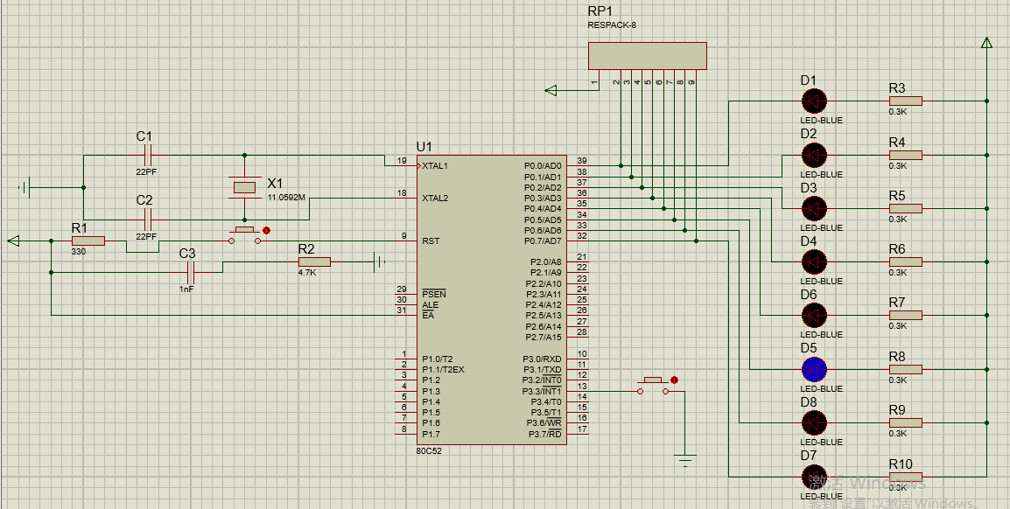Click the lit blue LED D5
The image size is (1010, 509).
pyautogui.click(x=814, y=368)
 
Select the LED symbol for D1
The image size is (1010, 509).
pyautogui.click(x=814, y=101)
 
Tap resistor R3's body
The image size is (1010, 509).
pyautogui.click(x=905, y=101)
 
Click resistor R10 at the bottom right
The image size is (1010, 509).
pyautogui.click(x=905, y=477)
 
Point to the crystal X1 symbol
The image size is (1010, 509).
pyautogui.click(x=244, y=186)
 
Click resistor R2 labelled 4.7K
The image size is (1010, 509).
pyautogui.click(x=314, y=261)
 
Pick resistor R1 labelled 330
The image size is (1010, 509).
pyautogui.click(x=88, y=241)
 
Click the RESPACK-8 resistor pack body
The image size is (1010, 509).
pyautogui.click(x=648, y=56)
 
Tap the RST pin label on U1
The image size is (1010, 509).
pyautogui.click(x=431, y=241)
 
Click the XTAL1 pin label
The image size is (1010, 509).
pyautogui.click(x=434, y=165)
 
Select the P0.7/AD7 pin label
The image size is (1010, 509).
pyautogui.click(x=543, y=241)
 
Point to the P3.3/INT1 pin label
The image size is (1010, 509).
pyautogui.click(x=543, y=391)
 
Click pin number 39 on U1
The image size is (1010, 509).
pyautogui.click(x=581, y=161)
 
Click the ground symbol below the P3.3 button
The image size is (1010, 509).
pyautogui.click(x=686, y=458)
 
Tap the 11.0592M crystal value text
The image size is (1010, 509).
pyautogui.click(x=286, y=198)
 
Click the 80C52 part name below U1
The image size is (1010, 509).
pyautogui.click(x=430, y=451)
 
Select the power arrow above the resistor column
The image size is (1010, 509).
pyautogui.click(x=986, y=43)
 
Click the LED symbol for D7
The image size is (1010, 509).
pyautogui.click(x=814, y=477)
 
